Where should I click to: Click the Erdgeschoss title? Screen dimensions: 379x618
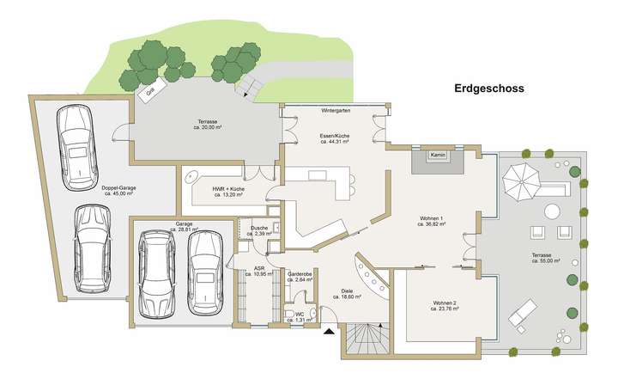[488, 89]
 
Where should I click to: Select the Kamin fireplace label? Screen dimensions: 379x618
[438, 156]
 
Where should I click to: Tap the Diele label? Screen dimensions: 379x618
[347, 291]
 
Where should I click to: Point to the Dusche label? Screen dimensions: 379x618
[258, 229]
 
